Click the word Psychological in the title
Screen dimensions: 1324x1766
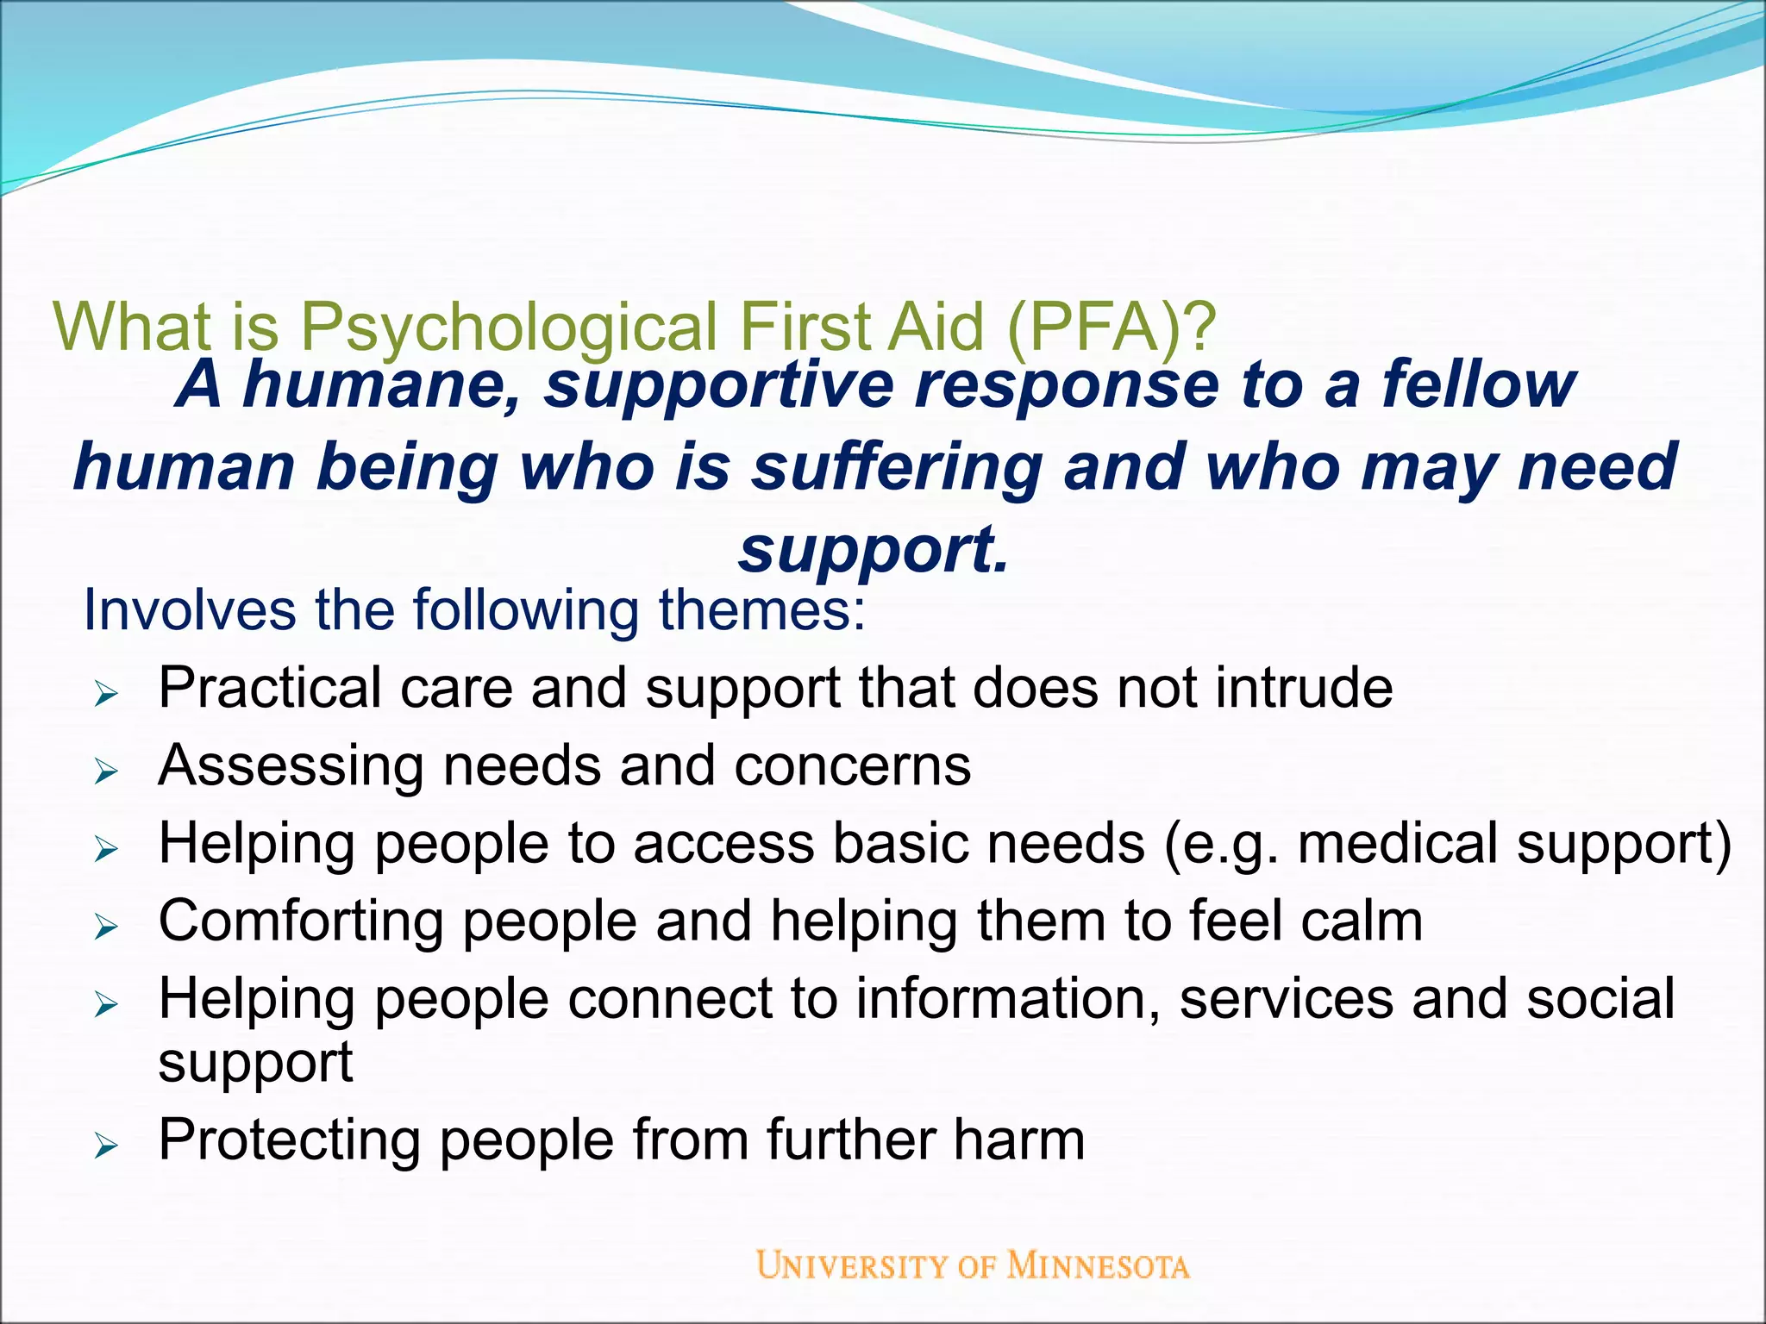point(508,328)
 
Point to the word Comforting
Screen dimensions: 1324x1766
point(301,921)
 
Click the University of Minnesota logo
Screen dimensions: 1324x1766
point(973,1265)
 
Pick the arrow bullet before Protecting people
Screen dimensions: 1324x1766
point(106,1146)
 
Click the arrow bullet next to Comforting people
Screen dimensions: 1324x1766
point(106,927)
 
